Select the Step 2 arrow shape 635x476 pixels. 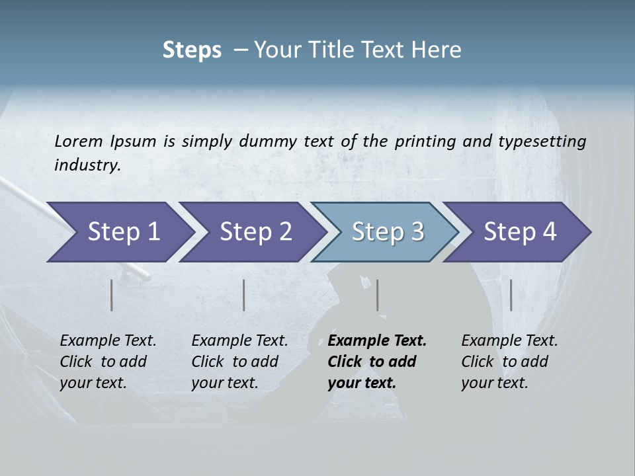click(255, 232)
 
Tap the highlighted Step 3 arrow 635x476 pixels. click(388, 232)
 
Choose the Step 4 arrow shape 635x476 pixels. click(520, 232)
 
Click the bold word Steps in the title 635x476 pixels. click(192, 50)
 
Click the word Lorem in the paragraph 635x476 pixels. click(79, 141)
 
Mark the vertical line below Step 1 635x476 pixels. click(112, 295)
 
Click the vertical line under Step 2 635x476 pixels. click(244, 295)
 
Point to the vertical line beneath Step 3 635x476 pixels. click(377, 295)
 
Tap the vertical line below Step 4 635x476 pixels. click(511, 295)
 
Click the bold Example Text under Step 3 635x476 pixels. click(377, 341)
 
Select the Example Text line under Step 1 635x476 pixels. click(108, 341)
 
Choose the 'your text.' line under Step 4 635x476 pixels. click(495, 383)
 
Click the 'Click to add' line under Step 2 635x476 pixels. click(235, 362)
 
